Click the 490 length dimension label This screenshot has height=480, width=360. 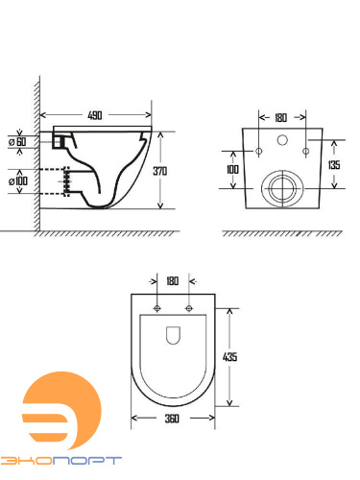[x=95, y=115]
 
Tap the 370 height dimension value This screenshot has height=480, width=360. [x=159, y=171]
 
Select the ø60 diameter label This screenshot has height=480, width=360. [x=17, y=141]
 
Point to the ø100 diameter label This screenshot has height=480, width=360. [x=18, y=181]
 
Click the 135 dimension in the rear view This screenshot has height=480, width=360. [x=334, y=165]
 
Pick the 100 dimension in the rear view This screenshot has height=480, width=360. [x=232, y=169]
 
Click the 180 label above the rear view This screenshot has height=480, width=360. [x=280, y=118]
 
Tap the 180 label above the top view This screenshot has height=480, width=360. [x=172, y=281]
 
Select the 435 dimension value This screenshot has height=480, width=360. [x=229, y=356]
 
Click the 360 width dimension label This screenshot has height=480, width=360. [x=172, y=419]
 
